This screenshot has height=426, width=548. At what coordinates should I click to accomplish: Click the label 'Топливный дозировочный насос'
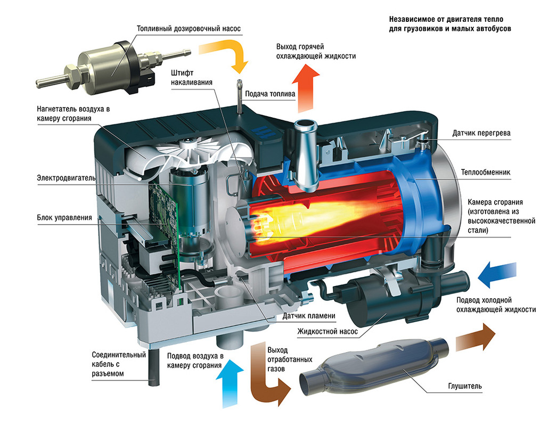point(189,28)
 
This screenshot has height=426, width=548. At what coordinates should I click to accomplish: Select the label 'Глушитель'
point(465,386)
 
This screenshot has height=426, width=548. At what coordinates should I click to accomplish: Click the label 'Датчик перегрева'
point(481,133)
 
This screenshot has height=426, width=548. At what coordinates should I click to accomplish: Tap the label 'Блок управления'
point(64,217)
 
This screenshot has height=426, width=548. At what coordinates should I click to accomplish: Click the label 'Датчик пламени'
point(309,316)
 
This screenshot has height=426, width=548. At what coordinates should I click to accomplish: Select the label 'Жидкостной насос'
point(325,331)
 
